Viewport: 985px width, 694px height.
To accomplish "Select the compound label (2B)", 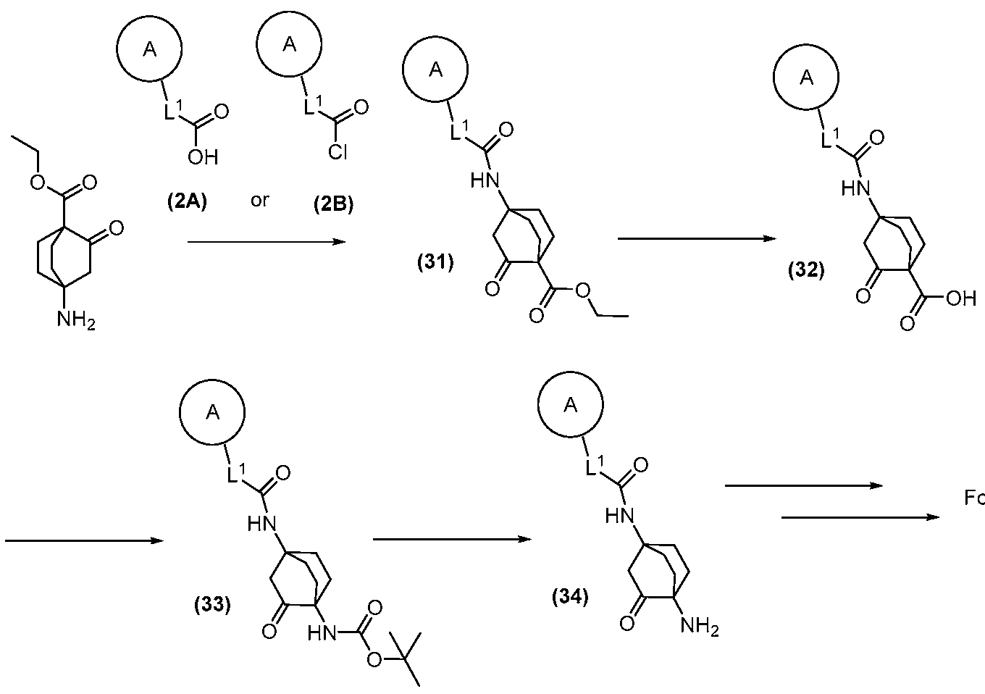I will coord(333,205).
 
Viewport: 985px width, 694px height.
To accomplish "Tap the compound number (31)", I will coord(435,263).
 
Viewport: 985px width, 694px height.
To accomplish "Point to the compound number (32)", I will coord(806,271).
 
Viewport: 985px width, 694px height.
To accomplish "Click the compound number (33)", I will coord(212,604).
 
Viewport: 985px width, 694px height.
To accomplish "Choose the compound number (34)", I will coord(570,598).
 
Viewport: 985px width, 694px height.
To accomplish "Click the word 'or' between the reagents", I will coord(259,201).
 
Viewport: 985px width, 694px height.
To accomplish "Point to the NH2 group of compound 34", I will coord(698,626).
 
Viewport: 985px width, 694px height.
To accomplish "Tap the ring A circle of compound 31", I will coord(435,70).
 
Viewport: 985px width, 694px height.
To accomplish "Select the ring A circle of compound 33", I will coord(212,412).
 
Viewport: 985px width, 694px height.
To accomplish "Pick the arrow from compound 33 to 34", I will coord(452,539).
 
